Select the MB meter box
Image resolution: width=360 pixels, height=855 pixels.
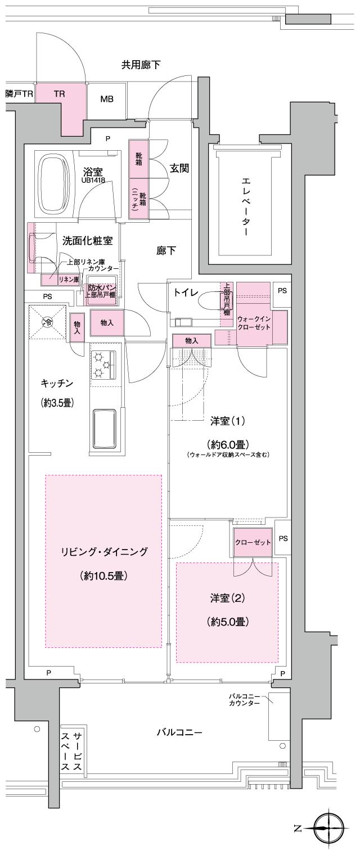[x=106, y=100]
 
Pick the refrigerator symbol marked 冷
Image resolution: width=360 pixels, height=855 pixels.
[x=48, y=322]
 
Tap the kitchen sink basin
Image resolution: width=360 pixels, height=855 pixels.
[x=104, y=426]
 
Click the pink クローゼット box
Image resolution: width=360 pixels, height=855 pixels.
[x=253, y=542]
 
